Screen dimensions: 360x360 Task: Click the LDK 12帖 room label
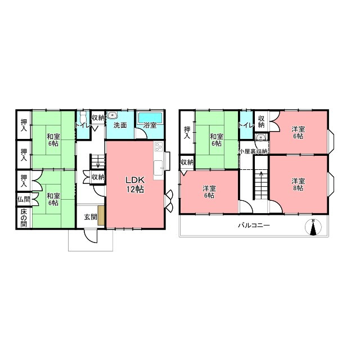pos(135,184)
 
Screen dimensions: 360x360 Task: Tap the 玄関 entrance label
pos(91,217)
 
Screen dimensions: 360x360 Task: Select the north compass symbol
pos(313,227)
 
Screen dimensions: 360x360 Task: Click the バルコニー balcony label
pos(254,225)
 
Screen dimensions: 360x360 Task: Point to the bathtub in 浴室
pos(150,118)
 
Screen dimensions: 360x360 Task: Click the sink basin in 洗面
pos(112,115)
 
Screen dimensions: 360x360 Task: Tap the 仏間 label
pos(24,199)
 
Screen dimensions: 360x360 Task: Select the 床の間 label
pos(24,218)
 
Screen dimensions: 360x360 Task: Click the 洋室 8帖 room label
pos(298,184)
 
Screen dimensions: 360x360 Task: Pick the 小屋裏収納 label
pos(254,151)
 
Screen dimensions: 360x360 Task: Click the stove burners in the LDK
pos(159,147)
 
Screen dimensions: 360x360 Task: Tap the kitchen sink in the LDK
pos(158,168)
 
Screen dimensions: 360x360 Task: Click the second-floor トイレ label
pos(246,125)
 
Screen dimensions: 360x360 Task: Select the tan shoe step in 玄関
pos(101,215)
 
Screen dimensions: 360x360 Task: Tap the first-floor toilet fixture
pos(83,117)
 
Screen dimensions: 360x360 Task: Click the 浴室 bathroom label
pos(150,125)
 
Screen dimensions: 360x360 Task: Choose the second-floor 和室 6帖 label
pos(217,140)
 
